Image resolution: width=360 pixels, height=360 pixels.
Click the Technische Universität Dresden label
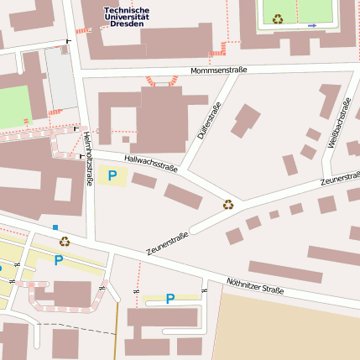(x=127, y=17)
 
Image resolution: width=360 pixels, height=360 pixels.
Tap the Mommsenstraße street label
(x=218, y=70)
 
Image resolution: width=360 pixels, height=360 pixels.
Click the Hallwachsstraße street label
(x=150, y=162)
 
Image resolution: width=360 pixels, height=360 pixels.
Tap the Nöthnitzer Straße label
(x=255, y=286)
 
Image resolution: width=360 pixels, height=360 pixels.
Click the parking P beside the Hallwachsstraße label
(x=112, y=175)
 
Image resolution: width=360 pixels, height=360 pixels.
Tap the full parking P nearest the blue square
(x=58, y=260)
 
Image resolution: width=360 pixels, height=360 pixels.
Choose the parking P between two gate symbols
(x=170, y=298)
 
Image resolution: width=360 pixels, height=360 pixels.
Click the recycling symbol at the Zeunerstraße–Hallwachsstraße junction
(x=228, y=204)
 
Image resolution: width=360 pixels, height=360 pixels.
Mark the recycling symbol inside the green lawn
(x=278, y=18)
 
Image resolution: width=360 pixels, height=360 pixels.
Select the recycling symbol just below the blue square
(x=64, y=241)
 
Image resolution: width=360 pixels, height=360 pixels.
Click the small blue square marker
(x=55, y=227)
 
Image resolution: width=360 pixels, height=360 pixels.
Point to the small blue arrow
(x=312, y=25)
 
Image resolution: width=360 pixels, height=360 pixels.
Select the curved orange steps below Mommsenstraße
(x=162, y=81)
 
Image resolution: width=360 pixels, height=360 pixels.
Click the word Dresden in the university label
(x=127, y=24)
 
